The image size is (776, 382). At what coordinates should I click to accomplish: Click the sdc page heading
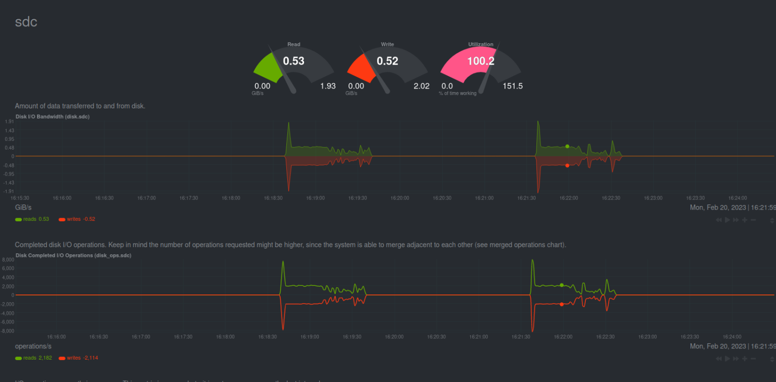pos(26,22)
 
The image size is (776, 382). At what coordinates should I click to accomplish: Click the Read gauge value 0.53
pos(293,61)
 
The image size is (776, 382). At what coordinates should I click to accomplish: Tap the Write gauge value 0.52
pos(387,61)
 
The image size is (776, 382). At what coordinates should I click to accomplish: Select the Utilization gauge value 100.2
pos(481,61)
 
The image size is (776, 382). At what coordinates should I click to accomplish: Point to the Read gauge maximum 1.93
pos(328,86)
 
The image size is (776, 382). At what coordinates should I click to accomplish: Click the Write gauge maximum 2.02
pos(422,86)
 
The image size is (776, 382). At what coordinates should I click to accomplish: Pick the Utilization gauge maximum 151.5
pos(513,86)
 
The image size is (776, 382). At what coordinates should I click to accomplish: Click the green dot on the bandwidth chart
pos(568,146)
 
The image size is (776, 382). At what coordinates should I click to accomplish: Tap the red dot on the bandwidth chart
pos(568,165)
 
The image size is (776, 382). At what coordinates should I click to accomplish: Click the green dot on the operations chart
pos(562,285)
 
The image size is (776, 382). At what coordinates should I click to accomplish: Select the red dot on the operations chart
pos(562,304)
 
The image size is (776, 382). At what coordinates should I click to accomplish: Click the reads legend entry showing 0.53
pos(33,219)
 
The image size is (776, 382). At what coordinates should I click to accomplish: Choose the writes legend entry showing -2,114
pos(78,358)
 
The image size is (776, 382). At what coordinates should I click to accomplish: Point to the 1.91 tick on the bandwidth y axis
pos(9,122)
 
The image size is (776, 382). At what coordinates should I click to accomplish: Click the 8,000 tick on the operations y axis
pos(8,259)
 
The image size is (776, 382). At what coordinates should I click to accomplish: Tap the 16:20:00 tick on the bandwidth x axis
pos(400,198)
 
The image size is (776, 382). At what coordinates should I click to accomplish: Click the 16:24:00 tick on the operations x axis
pos(732,337)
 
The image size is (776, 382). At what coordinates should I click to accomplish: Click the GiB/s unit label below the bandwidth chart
pos(23,208)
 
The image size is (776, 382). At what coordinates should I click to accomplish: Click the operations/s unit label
pos(33,346)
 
